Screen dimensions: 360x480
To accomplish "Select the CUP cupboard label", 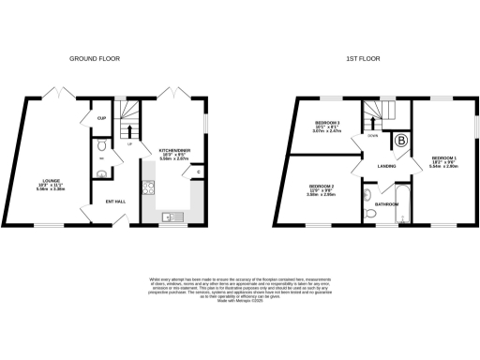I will tap(100, 118).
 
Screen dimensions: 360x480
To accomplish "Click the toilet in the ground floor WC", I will tap(102, 146).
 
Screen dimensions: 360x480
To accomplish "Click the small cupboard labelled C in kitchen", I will tap(199, 172).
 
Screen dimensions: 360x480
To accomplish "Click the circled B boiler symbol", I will tap(403, 142).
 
